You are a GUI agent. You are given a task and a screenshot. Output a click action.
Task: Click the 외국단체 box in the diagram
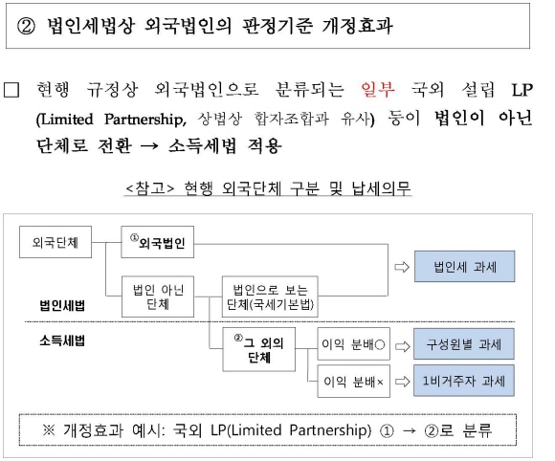pyautogui.click(x=55, y=242)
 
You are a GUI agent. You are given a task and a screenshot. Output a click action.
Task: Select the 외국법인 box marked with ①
pyautogui.click(x=158, y=242)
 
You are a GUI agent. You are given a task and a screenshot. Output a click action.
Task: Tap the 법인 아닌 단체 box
pyautogui.click(x=158, y=296)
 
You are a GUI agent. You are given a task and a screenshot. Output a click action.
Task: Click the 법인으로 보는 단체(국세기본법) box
pyautogui.click(x=270, y=296)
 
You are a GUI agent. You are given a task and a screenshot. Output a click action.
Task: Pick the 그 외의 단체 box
pyautogui.click(x=259, y=349)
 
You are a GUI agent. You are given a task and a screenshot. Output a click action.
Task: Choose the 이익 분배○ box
pyautogui.click(x=354, y=344)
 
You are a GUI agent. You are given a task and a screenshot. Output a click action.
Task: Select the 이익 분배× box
pyautogui.click(x=354, y=382)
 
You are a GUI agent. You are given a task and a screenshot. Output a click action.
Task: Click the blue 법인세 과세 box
pyautogui.click(x=465, y=267)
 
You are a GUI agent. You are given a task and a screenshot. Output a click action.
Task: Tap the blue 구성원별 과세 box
pyautogui.click(x=464, y=344)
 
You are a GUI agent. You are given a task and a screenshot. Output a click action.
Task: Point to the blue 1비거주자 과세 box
pyautogui.click(x=464, y=381)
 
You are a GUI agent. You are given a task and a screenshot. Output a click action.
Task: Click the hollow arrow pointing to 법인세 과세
pyautogui.click(x=402, y=267)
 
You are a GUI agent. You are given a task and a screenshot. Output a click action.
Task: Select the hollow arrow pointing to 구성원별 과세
pyautogui.click(x=402, y=346)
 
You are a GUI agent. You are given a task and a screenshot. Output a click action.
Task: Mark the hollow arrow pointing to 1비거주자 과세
pyautogui.click(x=402, y=382)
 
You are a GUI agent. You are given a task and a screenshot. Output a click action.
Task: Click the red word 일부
pyautogui.click(x=378, y=89)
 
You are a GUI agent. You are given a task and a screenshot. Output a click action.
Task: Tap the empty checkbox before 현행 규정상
pyautogui.click(x=11, y=90)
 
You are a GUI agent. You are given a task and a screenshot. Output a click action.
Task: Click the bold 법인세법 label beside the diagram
pyautogui.click(x=62, y=305)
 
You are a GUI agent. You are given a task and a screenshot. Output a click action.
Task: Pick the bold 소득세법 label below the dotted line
pyautogui.click(x=62, y=340)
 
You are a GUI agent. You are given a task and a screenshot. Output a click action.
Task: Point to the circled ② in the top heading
pyautogui.click(x=26, y=26)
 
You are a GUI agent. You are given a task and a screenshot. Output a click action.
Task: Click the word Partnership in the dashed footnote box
pyautogui.click(x=330, y=430)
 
